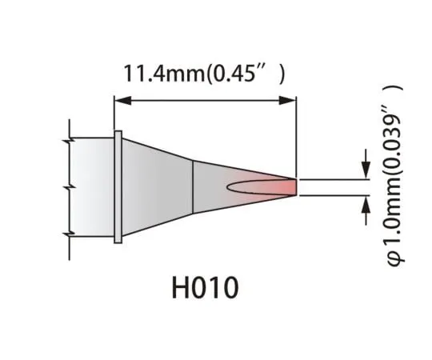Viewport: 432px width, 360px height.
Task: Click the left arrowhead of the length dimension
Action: tap(120, 101)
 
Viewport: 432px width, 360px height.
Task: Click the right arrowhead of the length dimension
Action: tap(290, 101)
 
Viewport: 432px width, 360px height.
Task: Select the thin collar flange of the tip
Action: tap(118, 186)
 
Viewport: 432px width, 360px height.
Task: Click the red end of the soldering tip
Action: tap(286, 186)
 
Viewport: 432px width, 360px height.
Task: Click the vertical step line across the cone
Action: tap(194, 186)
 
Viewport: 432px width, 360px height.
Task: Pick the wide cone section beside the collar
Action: tap(156, 186)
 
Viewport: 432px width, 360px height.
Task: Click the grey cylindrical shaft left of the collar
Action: tap(92, 186)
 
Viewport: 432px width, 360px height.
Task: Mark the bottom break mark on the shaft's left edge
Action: tap(70, 233)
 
